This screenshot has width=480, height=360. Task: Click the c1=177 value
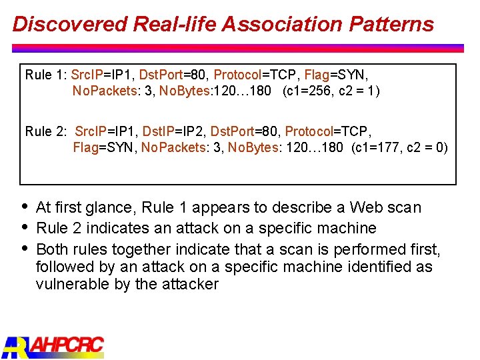(x=381, y=147)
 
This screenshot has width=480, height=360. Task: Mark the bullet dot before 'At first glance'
(x=25, y=206)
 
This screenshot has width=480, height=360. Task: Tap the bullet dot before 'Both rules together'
(x=25, y=248)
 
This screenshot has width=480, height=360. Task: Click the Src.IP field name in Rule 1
(x=87, y=75)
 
